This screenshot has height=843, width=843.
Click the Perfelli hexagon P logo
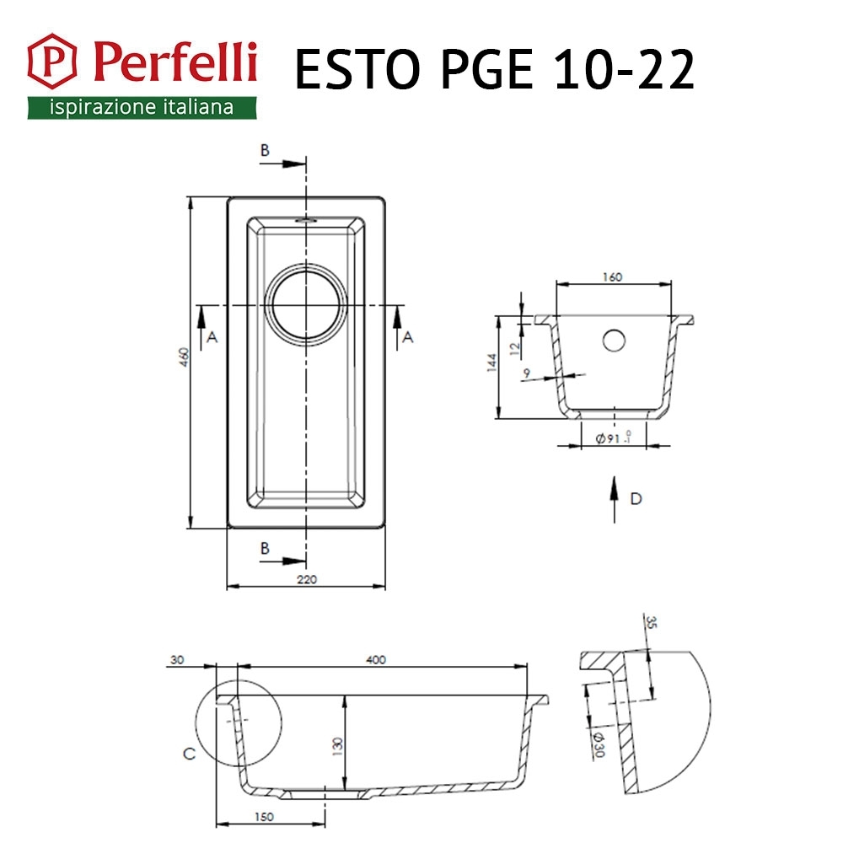coord(51,61)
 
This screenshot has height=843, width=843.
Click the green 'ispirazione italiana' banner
coord(142,108)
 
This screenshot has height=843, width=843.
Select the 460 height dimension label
coord(185,357)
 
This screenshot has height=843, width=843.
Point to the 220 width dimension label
coord(307,579)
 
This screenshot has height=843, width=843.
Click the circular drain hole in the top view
coord(306,305)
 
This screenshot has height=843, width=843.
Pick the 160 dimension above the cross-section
coord(612,277)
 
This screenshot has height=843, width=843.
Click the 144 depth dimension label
coord(491,362)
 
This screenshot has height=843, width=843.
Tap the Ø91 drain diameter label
coord(612,438)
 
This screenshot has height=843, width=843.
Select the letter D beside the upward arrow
coord(636,499)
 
